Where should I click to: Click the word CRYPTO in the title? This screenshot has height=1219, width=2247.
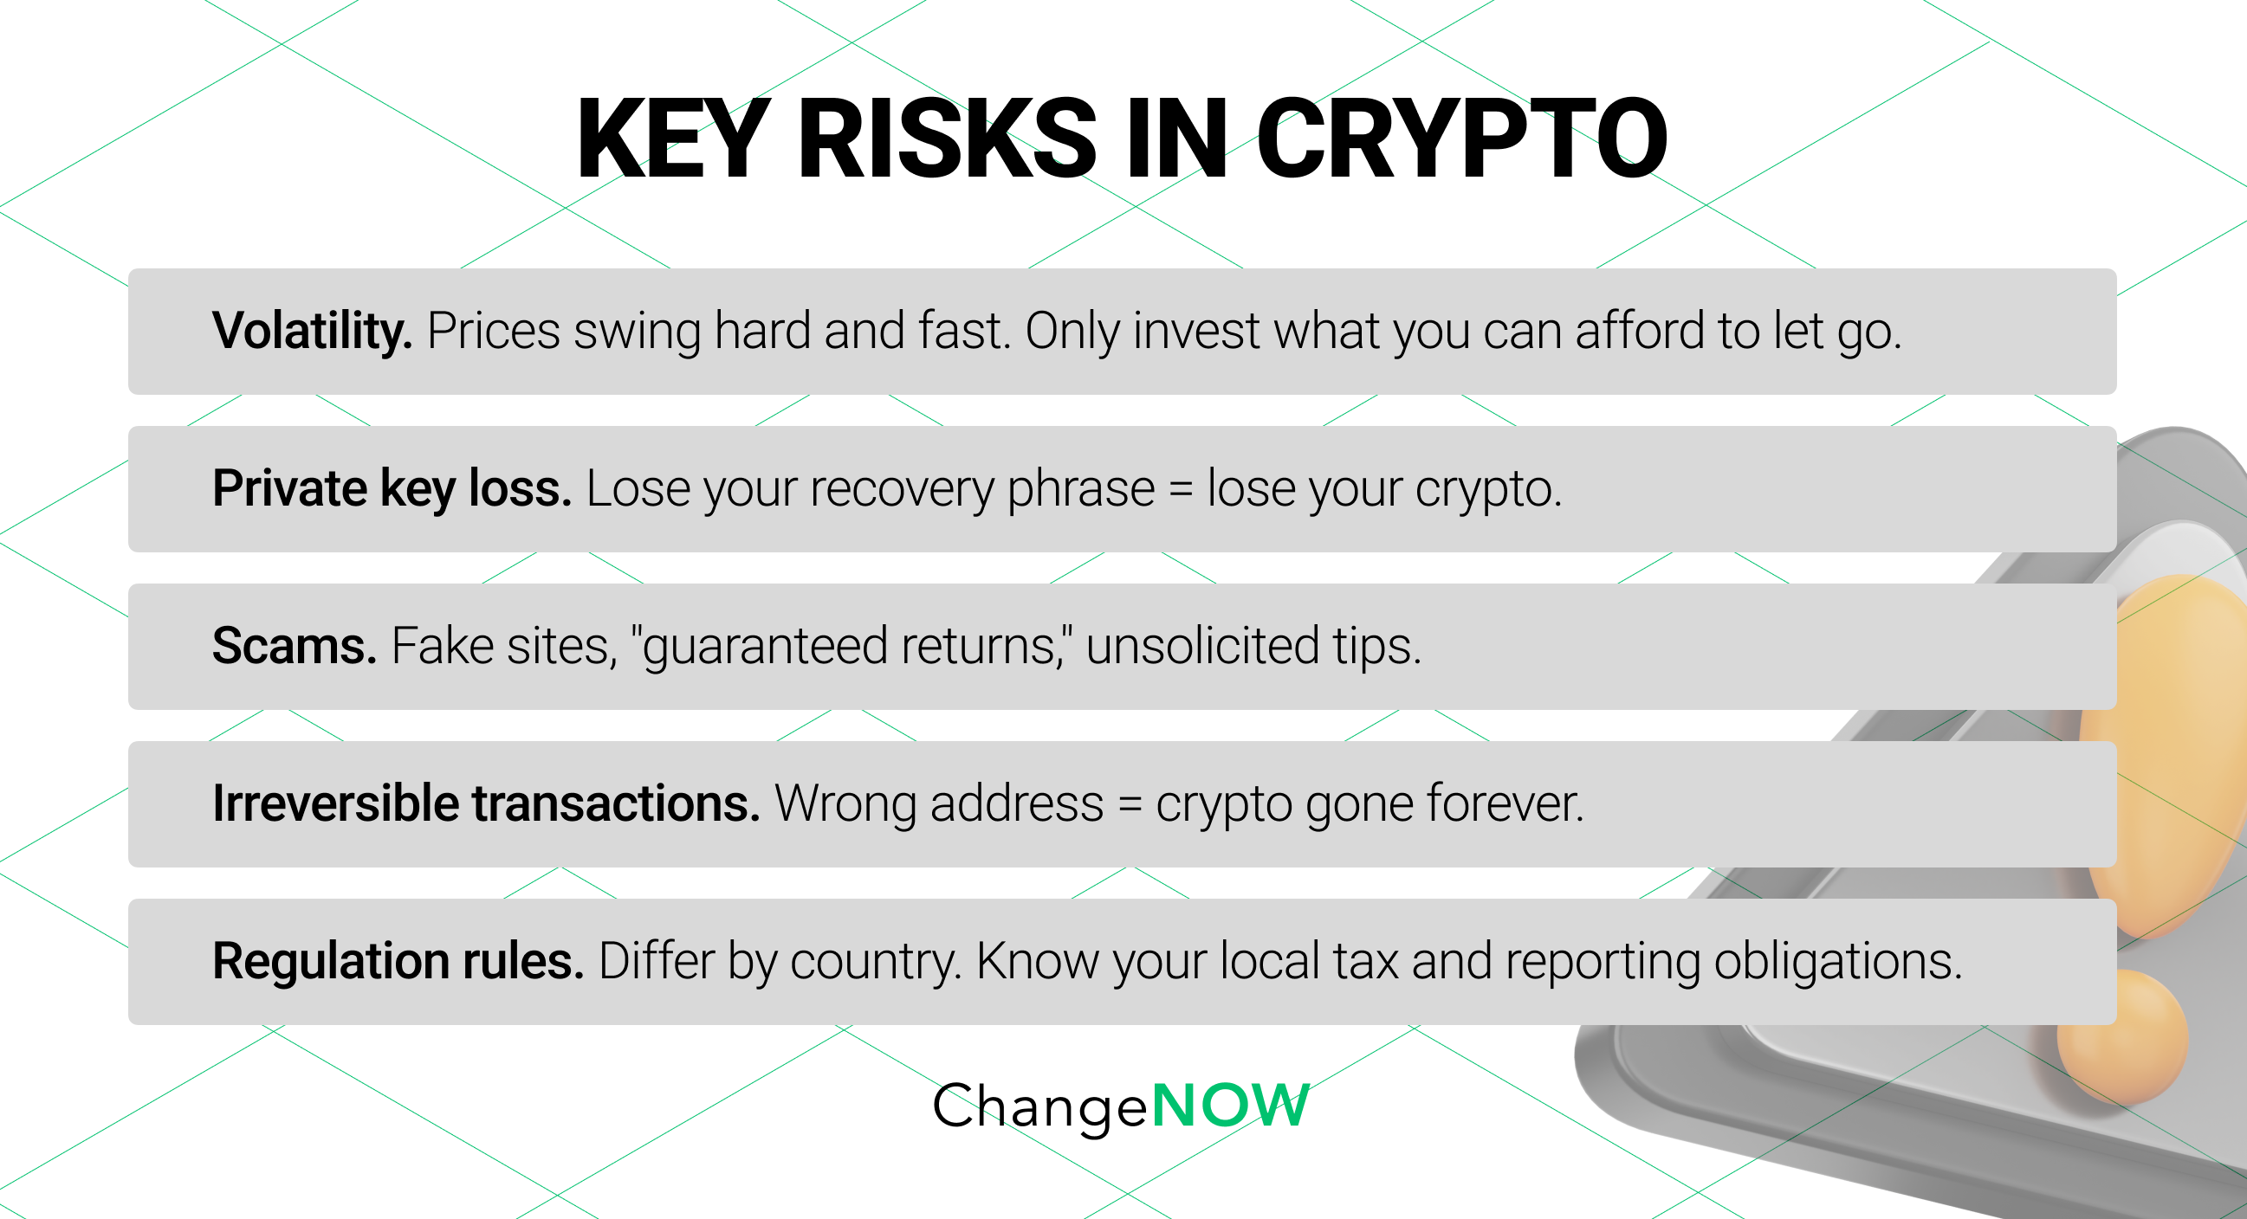(1461, 139)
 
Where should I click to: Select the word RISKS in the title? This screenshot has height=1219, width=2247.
(947, 139)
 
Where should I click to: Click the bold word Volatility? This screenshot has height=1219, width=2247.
(311, 332)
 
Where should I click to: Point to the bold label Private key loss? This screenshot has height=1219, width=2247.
(392, 488)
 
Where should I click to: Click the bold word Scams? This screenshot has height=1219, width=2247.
(294, 646)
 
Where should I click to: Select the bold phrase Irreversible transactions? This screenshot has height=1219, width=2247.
(486, 803)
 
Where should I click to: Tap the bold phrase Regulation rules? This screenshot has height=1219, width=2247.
(398, 961)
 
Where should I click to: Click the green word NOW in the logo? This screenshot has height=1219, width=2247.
(1230, 1106)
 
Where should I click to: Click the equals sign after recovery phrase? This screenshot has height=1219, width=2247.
(1180, 489)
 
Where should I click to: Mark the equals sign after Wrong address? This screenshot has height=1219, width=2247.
(1130, 804)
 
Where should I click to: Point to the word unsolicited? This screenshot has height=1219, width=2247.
(1202, 646)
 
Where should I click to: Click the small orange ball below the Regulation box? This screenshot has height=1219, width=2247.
(2121, 1038)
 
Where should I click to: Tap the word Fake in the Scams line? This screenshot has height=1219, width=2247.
(443, 646)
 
